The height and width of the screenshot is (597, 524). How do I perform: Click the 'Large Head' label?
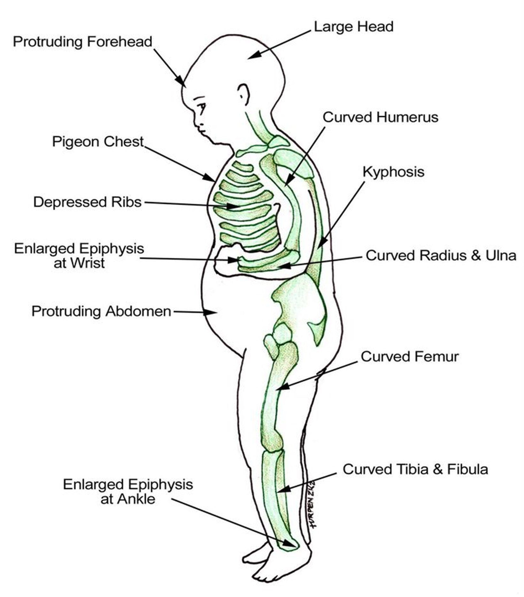point(353,27)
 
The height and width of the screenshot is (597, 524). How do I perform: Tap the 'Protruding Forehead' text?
point(82,42)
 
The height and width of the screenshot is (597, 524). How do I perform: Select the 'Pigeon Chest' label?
point(98,142)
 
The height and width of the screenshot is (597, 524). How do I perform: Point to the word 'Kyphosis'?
point(393,172)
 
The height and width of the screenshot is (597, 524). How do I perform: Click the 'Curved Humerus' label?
point(380,117)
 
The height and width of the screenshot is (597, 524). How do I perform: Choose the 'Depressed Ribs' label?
point(87,202)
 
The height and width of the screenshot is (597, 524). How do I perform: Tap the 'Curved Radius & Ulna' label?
point(441,255)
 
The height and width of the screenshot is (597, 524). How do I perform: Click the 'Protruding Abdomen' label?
point(101,311)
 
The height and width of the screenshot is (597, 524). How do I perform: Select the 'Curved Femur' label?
point(410,357)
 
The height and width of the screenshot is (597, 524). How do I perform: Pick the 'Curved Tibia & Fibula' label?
point(415,469)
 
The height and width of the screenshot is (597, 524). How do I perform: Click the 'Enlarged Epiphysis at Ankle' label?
point(128,492)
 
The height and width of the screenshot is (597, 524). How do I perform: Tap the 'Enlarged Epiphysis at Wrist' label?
point(79,255)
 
